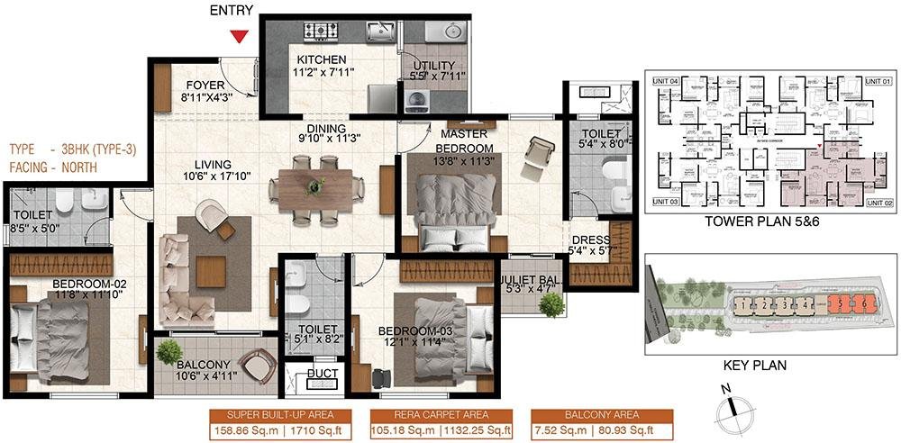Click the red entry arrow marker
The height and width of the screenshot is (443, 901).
click(x=239, y=36)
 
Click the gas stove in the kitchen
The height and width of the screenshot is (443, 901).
click(x=320, y=32)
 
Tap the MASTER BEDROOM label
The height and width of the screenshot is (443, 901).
click(x=464, y=141)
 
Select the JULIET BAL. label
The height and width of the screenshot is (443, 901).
click(x=532, y=279)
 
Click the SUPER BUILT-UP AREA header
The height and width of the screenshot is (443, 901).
click(x=282, y=415)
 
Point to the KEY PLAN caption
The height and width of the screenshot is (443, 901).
click(x=755, y=366)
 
